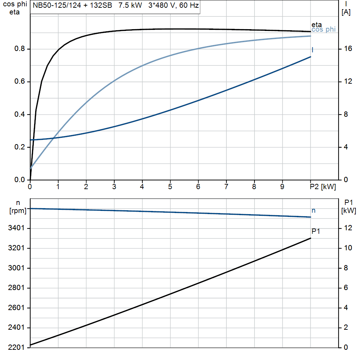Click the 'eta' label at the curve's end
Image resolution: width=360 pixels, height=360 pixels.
tap(316, 25)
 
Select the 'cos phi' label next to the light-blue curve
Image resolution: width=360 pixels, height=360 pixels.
tap(323, 30)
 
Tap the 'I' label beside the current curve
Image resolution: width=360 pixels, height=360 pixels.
tap(313, 50)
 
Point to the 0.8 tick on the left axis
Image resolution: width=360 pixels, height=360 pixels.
tap(19, 49)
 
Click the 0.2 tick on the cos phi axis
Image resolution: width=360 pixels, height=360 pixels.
tap(19, 147)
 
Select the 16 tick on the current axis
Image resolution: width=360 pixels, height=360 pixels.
tap(348, 49)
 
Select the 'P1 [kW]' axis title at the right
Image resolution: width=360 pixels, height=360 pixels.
tap(348, 207)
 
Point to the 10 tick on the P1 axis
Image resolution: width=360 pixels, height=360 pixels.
tap(348, 248)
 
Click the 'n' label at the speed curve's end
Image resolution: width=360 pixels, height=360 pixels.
tap(314, 211)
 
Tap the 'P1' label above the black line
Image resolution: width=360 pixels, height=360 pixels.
tap(316, 231)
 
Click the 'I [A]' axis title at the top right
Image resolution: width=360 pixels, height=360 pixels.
tap(346, 8)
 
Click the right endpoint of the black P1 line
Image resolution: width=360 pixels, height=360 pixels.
tap(310, 238)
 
